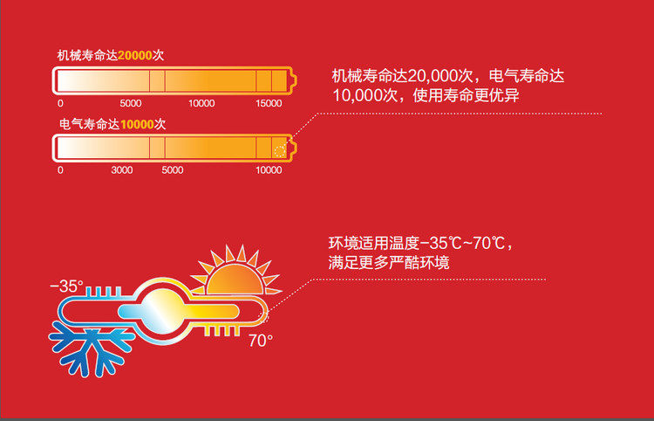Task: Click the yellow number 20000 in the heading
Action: coord(134,56)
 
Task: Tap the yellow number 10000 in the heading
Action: coord(137,124)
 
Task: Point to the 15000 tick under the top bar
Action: coord(269,103)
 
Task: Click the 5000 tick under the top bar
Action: coord(131,103)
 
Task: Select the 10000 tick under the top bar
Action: coord(201,103)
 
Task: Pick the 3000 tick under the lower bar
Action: coord(122,170)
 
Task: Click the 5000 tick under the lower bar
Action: coord(173,170)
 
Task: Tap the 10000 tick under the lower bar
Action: coord(269,170)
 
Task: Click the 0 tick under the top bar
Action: coord(60,103)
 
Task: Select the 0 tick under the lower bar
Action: coord(60,170)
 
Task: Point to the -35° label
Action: coord(67,286)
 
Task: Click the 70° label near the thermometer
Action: coord(261,341)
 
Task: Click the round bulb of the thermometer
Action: coord(162,311)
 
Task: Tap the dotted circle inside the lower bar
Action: coord(280,152)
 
